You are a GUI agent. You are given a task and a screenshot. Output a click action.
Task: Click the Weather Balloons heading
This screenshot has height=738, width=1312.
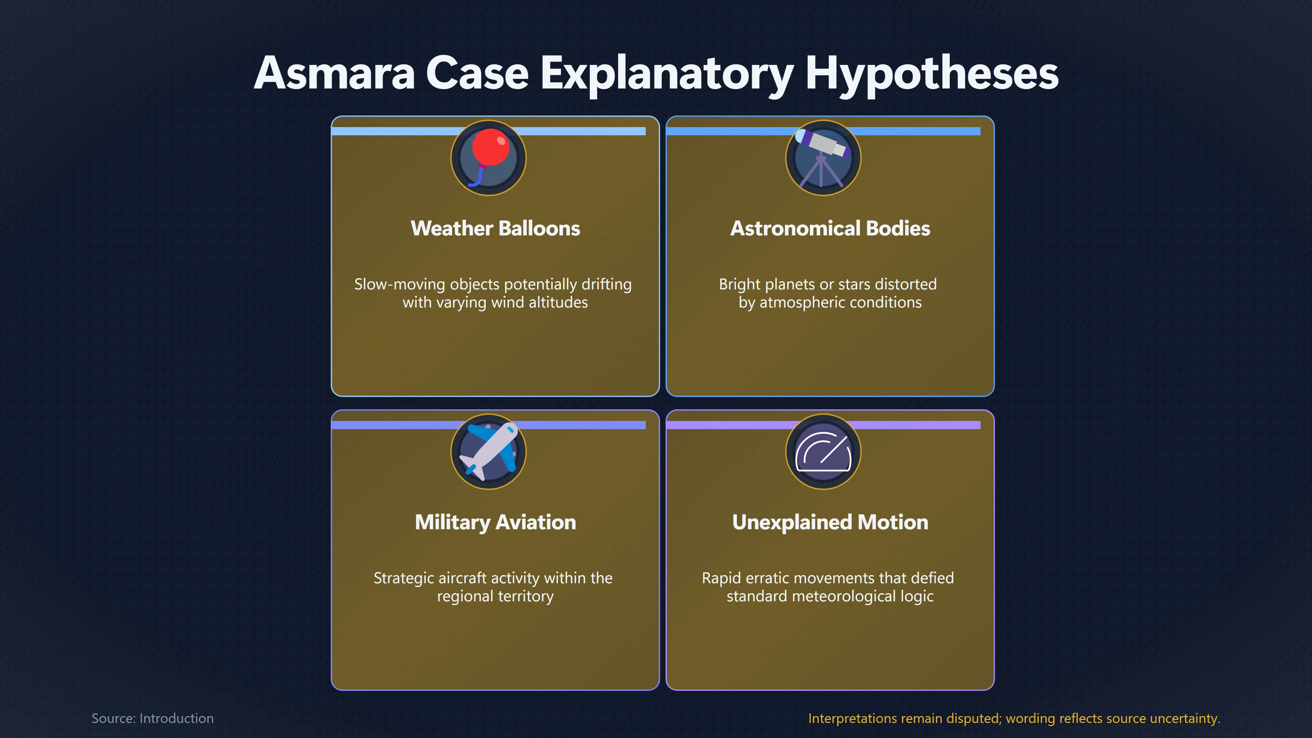(x=495, y=228)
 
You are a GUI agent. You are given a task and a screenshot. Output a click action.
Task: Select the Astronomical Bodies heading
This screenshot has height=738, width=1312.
(x=830, y=228)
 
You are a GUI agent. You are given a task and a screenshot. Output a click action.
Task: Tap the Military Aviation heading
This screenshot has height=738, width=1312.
(x=495, y=522)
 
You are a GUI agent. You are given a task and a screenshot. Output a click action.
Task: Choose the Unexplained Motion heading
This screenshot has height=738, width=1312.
(x=830, y=522)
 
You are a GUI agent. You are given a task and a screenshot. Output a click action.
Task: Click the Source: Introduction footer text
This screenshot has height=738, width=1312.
(x=152, y=718)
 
